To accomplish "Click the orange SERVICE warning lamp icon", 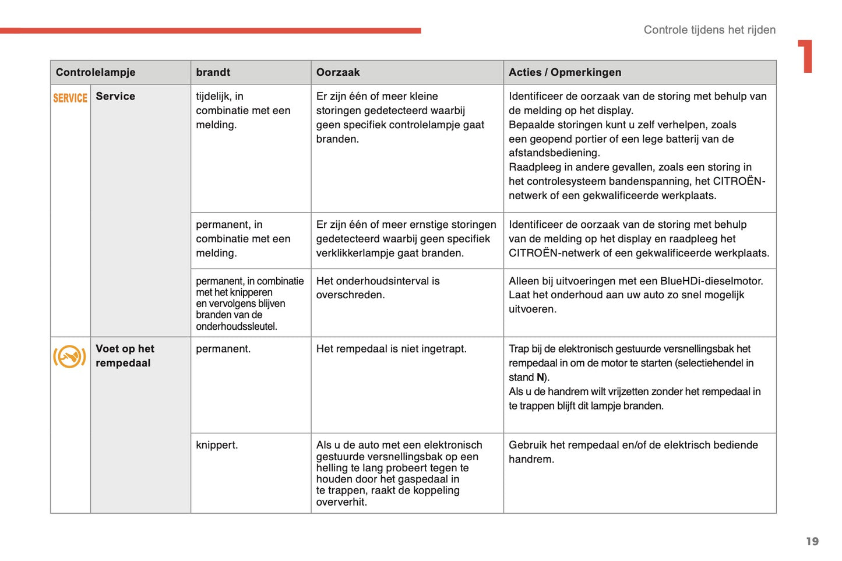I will [x=70, y=98].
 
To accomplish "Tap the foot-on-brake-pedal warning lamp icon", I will [x=69, y=356].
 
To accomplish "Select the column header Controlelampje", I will [x=96, y=72].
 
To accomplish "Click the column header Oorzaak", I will [x=338, y=72].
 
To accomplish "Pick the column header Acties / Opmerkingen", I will [x=565, y=72].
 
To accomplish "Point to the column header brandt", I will [x=213, y=72].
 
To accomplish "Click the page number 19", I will [x=812, y=541].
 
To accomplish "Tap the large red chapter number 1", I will [x=806, y=57].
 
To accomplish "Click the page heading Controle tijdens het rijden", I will [x=709, y=30].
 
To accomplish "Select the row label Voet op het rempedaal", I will [x=125, y=355].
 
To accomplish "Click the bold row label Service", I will [x=115, y=96].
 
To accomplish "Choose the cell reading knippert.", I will [x=217, y=445].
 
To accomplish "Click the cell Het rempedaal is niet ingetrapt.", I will [x=391, y=349].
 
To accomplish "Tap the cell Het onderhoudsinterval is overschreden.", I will [x=378, y=288].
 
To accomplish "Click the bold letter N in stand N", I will [x=540, y=377].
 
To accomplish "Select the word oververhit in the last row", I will [x=341, y=502].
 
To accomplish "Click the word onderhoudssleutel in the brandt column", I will [x=236, y=326].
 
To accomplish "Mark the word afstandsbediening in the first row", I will [x=554, y=153].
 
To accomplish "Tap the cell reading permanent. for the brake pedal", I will [x=223, y=349].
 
